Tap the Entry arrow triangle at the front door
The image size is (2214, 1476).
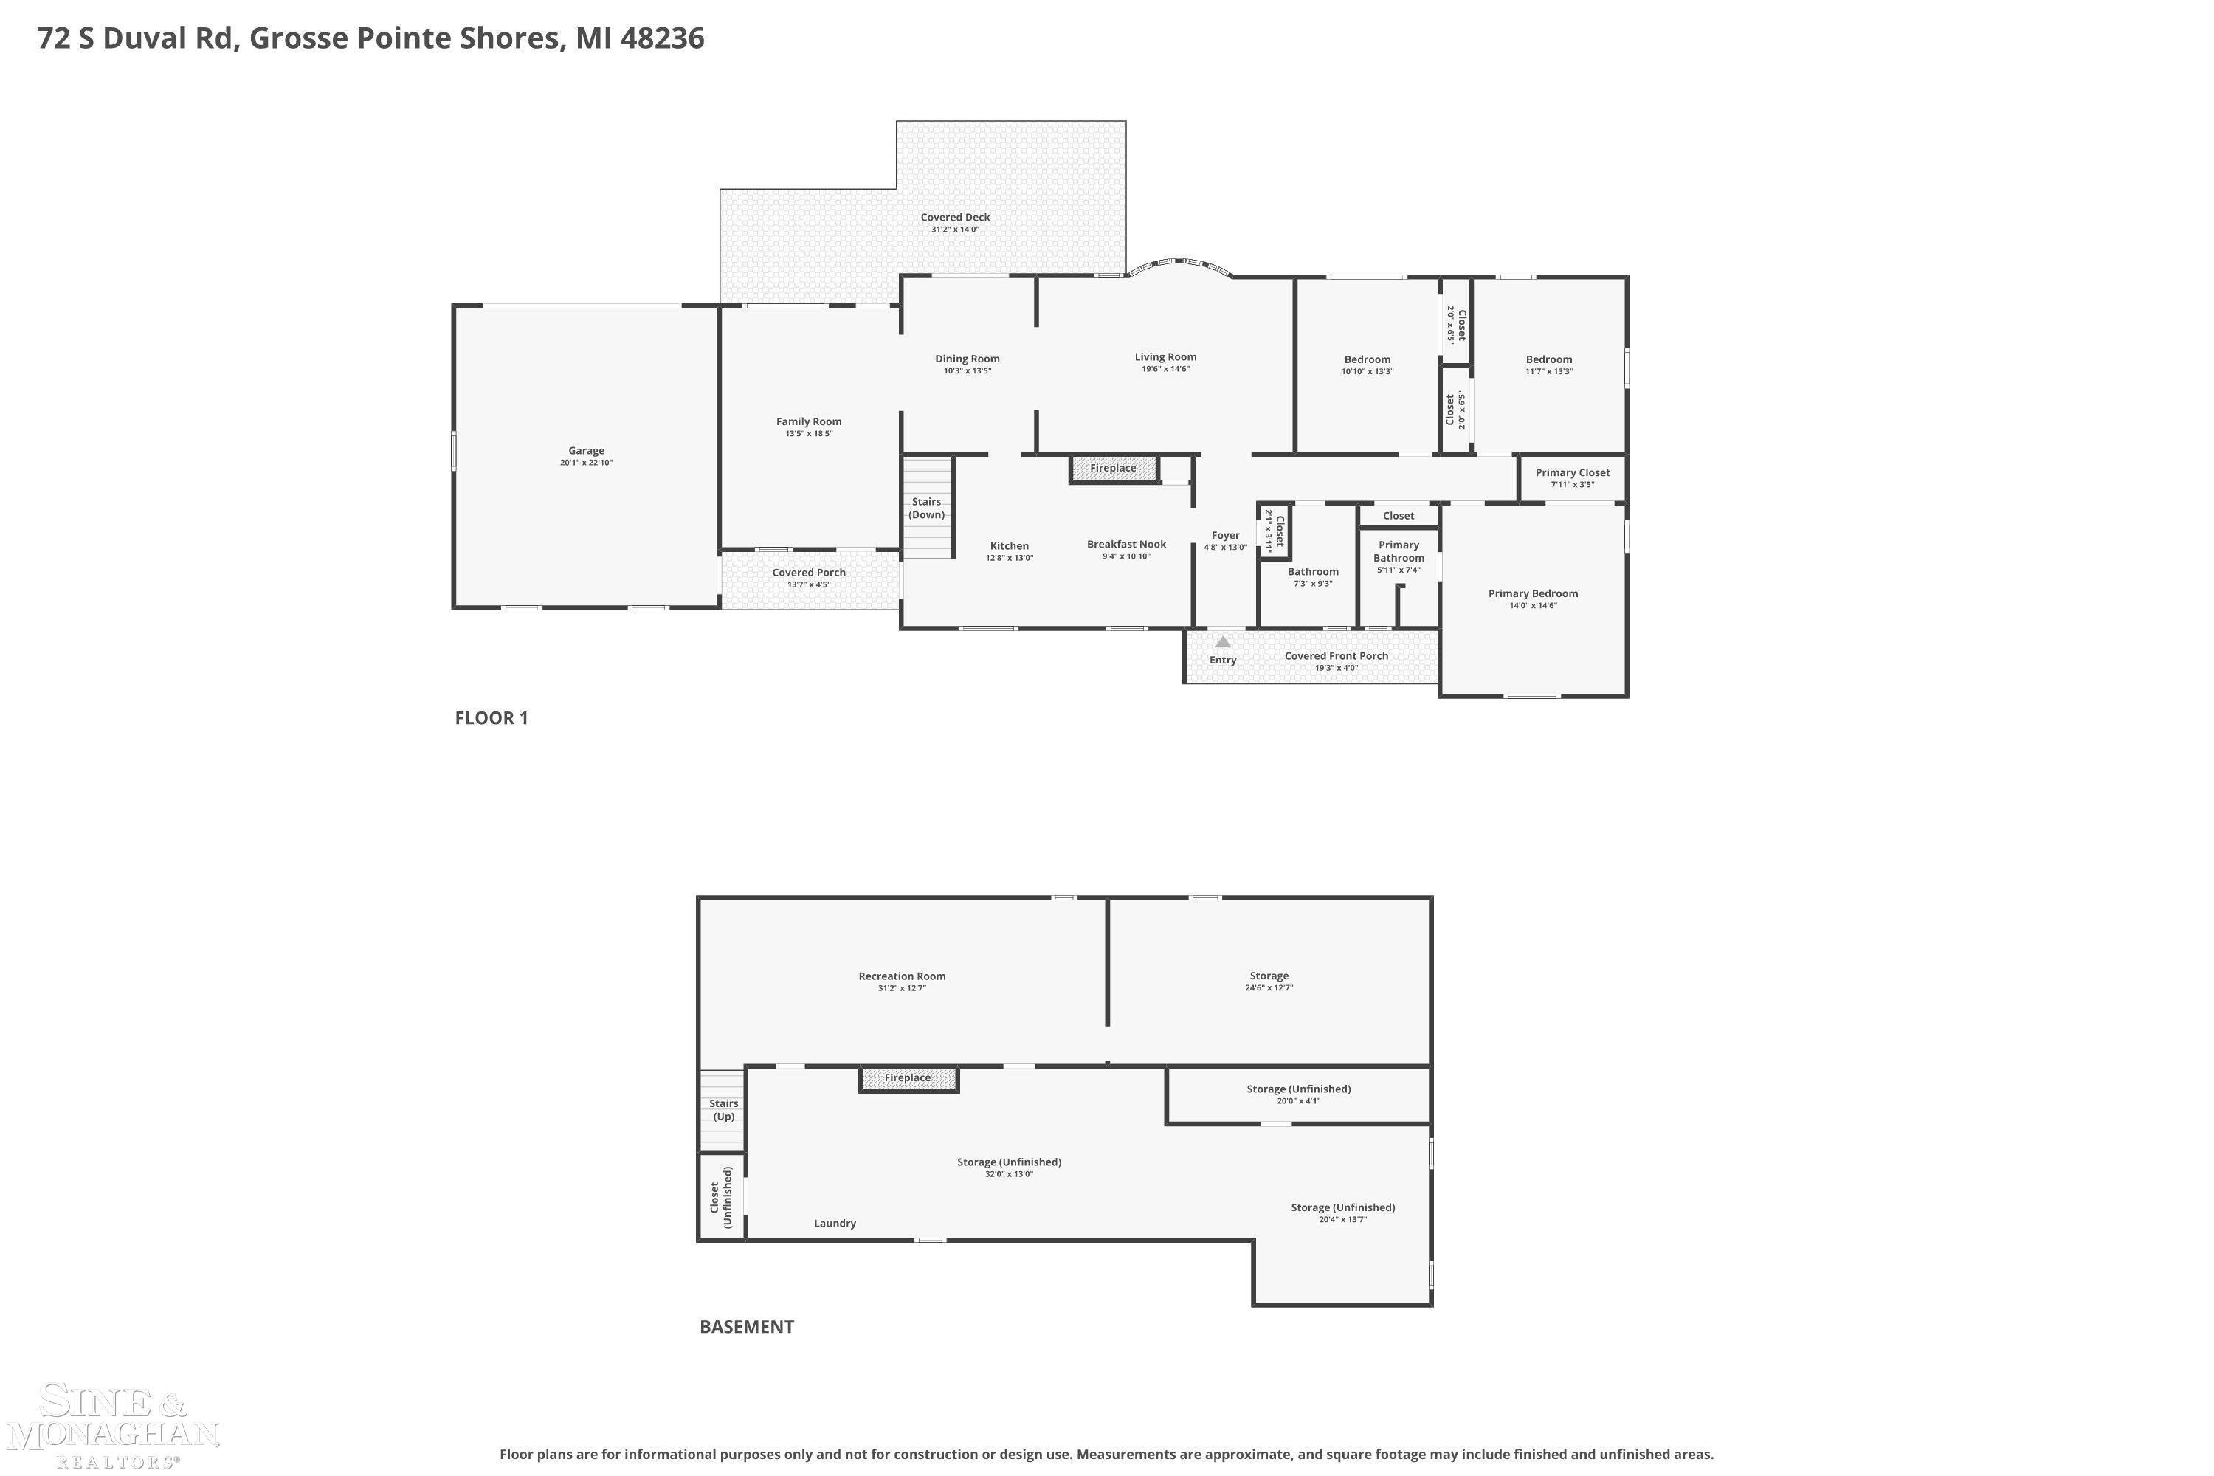tap(1222, 642)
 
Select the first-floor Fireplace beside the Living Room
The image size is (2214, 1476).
tap(1113, 469)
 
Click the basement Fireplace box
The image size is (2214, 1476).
tap(908, 1079)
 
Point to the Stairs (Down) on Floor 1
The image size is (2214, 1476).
tap(927, 508)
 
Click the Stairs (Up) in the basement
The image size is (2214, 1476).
tap(723, 1110)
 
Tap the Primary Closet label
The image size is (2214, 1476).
tap(1572, 472)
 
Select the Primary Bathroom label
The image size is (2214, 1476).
tap(1398, 551)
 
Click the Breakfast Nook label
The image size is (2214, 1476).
tap(1126, 544)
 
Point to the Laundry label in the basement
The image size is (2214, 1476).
tap(834, 1224)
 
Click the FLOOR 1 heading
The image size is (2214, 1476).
tap(492, 718)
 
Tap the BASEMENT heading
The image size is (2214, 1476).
tap(746, 1327)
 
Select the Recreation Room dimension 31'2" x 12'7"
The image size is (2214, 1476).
tap(902, 988)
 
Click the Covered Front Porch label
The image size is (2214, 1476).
tap(1336, 656)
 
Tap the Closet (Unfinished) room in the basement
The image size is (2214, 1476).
tap(721, 1196)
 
